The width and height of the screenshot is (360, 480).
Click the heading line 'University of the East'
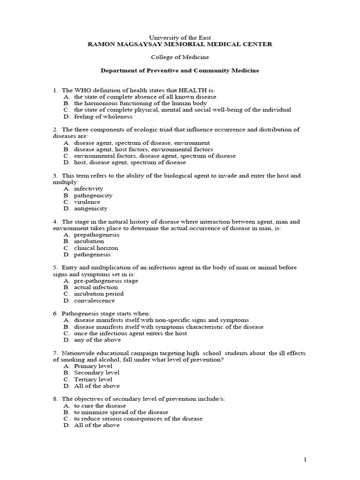180,37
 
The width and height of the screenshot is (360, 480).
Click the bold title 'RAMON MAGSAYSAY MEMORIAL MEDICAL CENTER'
180,44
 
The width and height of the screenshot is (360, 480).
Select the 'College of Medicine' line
180,57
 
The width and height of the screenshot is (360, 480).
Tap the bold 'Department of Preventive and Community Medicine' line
180,70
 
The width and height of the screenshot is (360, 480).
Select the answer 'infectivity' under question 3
89,188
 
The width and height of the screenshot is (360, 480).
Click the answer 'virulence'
87,202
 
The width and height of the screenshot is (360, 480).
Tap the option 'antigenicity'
90,208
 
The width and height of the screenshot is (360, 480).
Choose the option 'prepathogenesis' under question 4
97,234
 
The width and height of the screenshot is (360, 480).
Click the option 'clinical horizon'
96,247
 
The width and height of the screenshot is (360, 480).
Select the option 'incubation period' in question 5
99,293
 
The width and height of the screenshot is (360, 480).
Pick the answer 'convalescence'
94,300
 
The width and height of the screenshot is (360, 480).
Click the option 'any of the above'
97,340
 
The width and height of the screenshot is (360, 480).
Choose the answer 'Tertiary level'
93,379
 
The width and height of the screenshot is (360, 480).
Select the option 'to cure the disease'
100,405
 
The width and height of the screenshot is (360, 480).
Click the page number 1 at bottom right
305,460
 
